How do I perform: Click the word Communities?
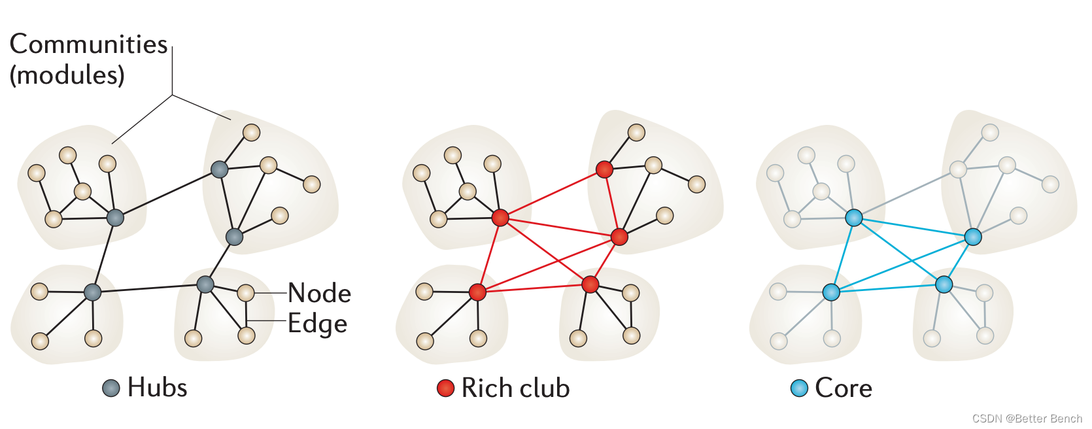click(x=88, y=44)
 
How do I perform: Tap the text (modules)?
click(x=67, y=75)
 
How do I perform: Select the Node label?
click(x=319, y=293)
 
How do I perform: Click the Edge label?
click(x=317, y=324)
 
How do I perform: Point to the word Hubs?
click(x=157, y=388)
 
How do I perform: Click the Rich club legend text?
click(x=515, y=388)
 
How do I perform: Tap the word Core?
click(x=844, y=388)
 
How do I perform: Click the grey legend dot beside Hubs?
click(x=111, y=388)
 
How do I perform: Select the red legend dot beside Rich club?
click(x=445, y=388)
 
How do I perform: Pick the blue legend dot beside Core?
click(x=799, y=388)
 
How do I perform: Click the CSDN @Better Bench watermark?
click(x=1027, y=419)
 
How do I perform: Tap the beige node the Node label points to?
click(x=246, y=292)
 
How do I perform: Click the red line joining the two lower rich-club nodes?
click(x=534, y=288)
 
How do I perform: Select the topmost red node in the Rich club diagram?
click(x=604, y=169)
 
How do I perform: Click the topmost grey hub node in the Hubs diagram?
click(x=219, y=169)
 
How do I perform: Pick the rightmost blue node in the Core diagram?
click(x=973, y=237)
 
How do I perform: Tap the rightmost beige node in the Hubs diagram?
click(x=312, y=184)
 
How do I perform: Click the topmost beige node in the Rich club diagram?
click(x=636, y=133)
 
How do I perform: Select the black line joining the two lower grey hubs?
click(x=149, y=288)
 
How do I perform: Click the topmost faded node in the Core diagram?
click(x=990, y=133)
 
